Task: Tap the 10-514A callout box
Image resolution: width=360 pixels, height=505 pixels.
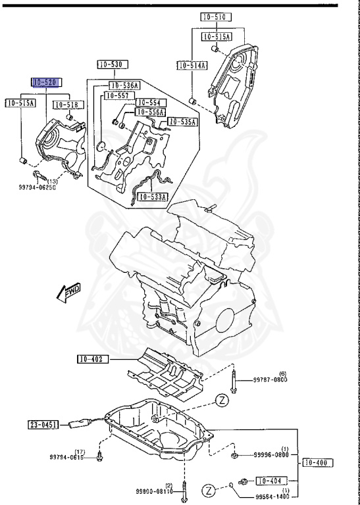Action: [192, 65]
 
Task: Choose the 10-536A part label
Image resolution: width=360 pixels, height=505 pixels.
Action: [124, 85]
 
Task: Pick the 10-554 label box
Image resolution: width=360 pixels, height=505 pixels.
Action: [151, 103]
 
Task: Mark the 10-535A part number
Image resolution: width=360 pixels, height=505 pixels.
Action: [183, 122]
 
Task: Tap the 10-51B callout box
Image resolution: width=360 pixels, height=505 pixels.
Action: [66, 104]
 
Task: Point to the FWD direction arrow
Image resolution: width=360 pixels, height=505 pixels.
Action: [67, 292]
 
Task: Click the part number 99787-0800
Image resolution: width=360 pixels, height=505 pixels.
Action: [271, 379]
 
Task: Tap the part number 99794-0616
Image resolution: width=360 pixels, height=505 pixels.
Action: [66, 457]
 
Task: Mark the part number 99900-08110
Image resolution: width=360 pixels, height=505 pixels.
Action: [155, 491]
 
